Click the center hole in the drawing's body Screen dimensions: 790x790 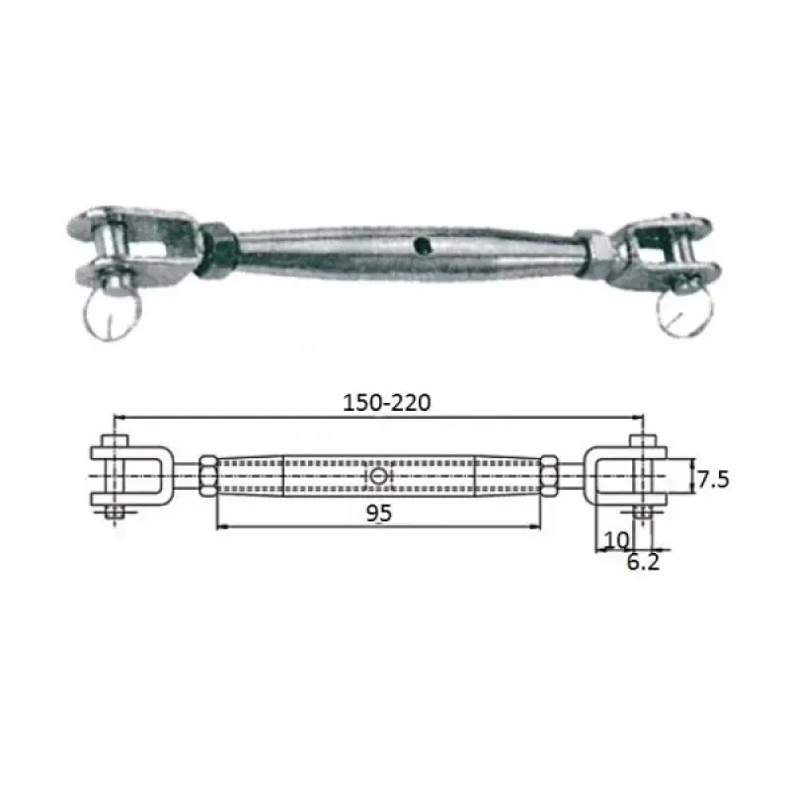coord(379,477)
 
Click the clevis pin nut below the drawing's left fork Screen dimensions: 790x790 coord(114,513)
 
